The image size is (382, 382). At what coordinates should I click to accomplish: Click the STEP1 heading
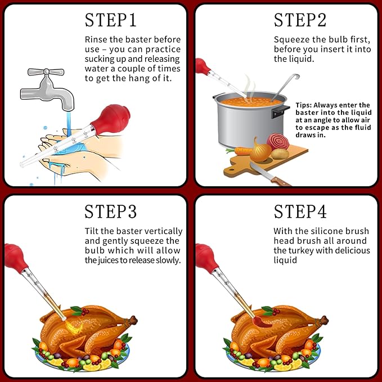coord(111,20)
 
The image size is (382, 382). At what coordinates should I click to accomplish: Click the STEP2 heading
coord(300,20)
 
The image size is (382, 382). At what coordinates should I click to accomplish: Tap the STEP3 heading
coord(111,212)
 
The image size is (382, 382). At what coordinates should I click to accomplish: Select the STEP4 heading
coord(300,212)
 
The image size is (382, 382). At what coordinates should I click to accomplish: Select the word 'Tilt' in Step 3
coord(92,231)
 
